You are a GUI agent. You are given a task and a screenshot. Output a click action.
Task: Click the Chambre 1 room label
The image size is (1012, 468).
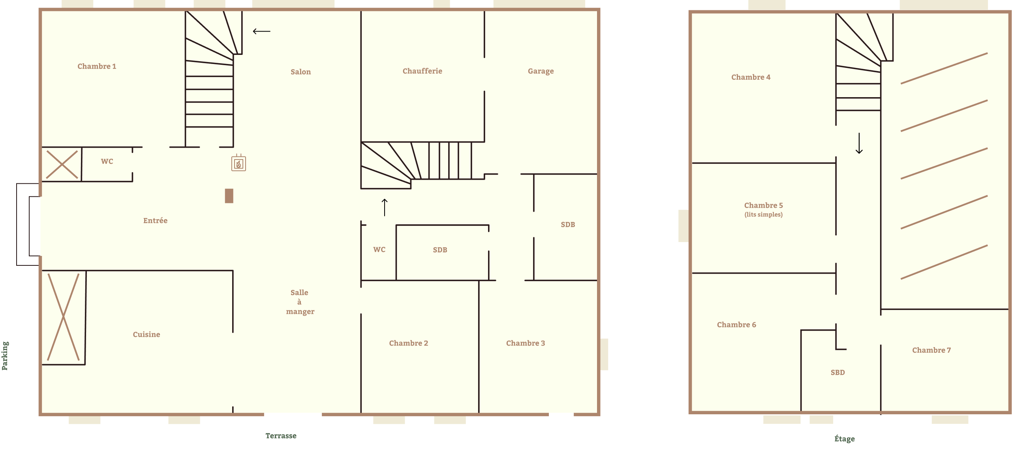[x=97, y=66]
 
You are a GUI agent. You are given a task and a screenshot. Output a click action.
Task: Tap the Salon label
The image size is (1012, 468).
[x=300, y=72]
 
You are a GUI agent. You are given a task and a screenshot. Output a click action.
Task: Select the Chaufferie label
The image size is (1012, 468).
[x=422, y=71]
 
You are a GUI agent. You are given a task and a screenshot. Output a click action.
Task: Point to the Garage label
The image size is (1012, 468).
[x=541, y=71]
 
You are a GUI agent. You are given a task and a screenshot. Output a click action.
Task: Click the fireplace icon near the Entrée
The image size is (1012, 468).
[x=238, y=163]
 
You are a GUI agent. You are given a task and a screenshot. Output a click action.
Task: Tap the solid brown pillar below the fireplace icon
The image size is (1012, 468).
[x=229, y=196]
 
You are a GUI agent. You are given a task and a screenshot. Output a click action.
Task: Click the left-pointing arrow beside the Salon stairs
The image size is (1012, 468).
[x=261, y=31]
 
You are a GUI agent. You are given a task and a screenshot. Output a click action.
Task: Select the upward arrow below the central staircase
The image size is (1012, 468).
[x=385, y=207]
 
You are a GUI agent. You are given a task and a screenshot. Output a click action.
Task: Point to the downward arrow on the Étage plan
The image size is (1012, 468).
[x=859, y=143]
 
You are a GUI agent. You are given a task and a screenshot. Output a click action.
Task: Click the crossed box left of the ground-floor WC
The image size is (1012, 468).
[x=62, y=164]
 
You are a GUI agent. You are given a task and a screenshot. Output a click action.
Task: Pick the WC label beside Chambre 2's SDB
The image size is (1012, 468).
[x=379, y=250]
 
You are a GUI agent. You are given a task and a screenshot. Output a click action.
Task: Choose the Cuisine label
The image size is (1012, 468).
[x=146, y=335]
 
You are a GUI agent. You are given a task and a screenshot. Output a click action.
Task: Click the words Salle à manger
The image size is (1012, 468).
[x=300, y=302]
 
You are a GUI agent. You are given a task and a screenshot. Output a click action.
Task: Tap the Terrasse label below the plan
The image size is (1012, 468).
[x=281, y=436]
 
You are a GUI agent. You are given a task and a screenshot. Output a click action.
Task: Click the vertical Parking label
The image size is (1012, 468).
[x=5, y=356]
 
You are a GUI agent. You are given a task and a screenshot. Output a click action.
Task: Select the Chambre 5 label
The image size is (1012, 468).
[x=763, y=205]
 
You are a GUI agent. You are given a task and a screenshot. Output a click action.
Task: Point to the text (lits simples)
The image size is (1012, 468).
[x=763, y=214]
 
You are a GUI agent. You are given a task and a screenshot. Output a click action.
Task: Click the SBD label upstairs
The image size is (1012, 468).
[x=837, y=372]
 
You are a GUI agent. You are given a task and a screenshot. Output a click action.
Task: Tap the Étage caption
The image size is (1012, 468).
[x=844, y=438]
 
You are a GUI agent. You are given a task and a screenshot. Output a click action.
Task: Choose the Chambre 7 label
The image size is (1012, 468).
[x=931, y=350]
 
